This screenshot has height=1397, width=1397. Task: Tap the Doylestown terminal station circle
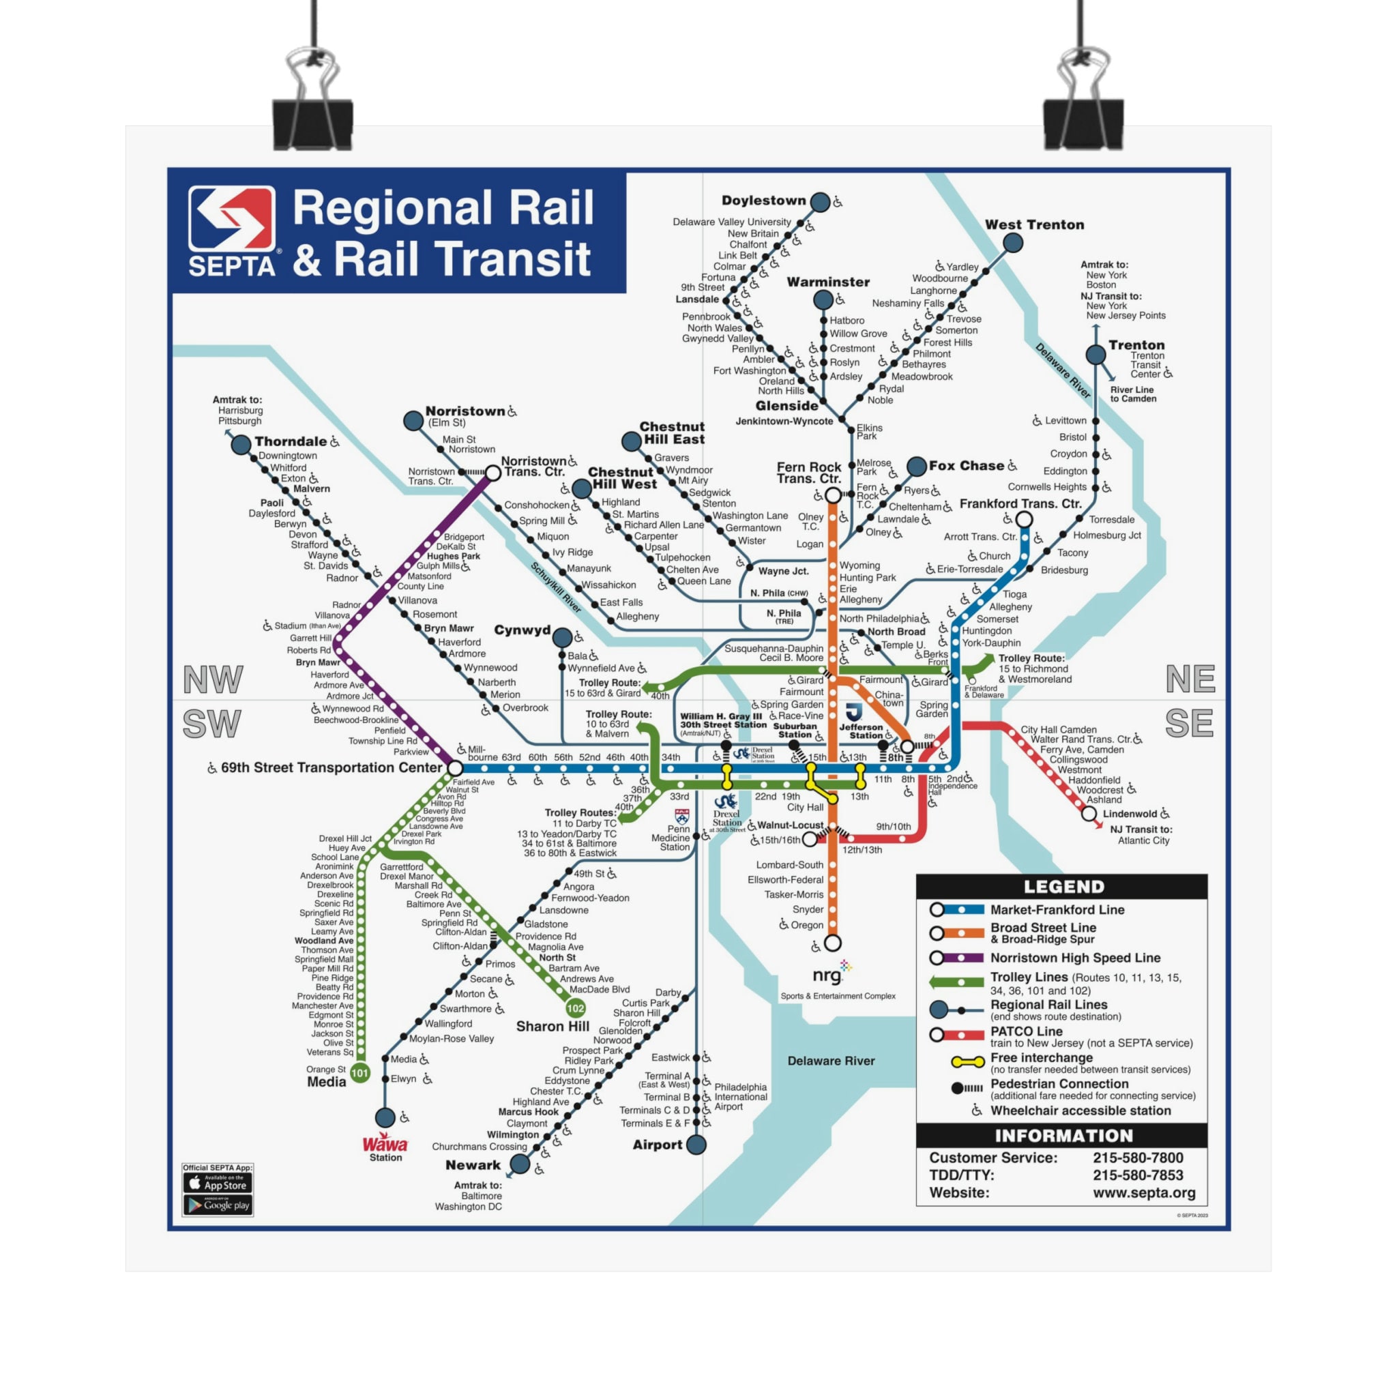point(820,202)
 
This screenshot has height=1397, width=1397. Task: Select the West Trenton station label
point(1034,225)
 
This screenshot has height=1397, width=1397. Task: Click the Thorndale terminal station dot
point(241,445)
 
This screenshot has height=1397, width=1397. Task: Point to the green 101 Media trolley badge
point(360,1073)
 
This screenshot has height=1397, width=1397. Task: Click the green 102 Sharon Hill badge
point(576,1008)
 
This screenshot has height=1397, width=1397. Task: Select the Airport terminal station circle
point(696,1145)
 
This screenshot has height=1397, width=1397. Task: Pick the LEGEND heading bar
point(1061,887)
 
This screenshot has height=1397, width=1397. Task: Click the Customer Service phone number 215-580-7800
point(1137,1158)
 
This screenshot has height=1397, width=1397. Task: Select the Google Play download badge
point(218,1205)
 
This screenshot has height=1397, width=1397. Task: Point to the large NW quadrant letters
point(213,679)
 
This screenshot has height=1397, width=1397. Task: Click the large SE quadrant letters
point(1189,723)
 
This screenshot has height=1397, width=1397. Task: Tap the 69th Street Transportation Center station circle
point(455,768)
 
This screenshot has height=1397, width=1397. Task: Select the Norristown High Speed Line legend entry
point(1074,957)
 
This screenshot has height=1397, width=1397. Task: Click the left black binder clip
point(312,108)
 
